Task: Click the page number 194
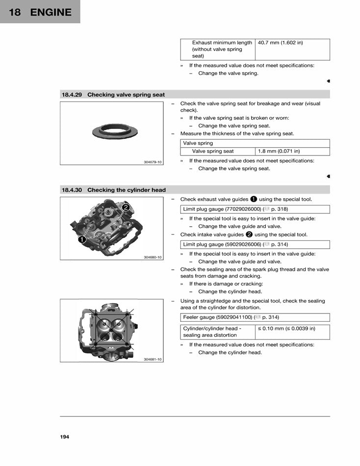click(x=65, y=437)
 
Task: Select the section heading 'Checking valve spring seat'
click(x=126, y=95)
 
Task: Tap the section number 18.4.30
click(x=72, y=190)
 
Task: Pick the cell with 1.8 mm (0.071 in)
click(x=279, y=152)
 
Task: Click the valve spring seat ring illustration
click(x=112, y=131)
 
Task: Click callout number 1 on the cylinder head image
click(x=81, y=240)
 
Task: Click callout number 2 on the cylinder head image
click(x=126, y=207)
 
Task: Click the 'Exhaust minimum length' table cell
click(x=218, y=49)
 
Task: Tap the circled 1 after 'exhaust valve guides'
click(x=253, y=199)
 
